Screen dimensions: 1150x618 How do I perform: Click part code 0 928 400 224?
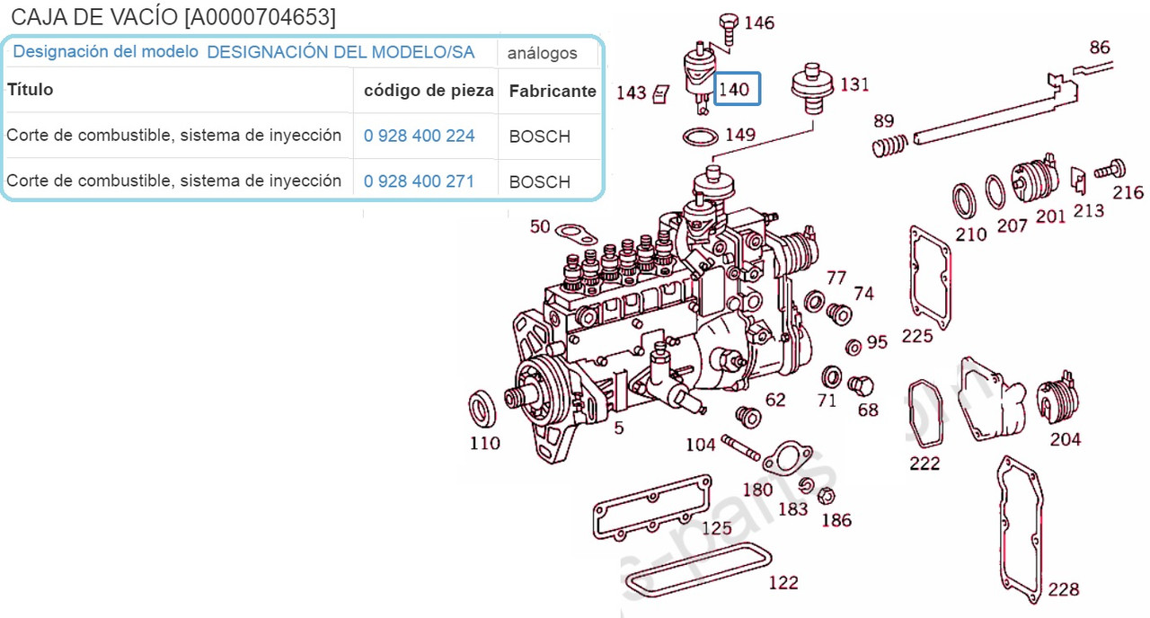(419, 136)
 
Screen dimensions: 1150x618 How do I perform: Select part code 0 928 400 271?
(419, 181)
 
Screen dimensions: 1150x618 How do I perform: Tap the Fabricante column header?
(553, 91)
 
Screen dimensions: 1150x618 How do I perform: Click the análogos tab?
(542, 53)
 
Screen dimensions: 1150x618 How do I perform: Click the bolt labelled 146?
(729, 30)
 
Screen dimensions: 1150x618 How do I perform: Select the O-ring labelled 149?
(700, 137)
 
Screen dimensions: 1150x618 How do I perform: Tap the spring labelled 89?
(890, 146)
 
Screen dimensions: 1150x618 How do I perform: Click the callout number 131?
(854, 84)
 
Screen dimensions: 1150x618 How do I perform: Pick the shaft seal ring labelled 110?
(482, 408)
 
